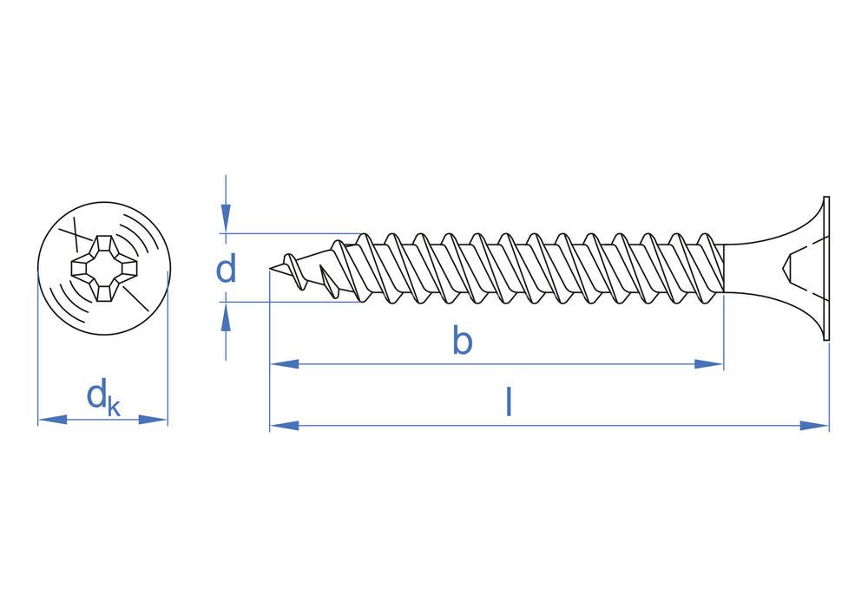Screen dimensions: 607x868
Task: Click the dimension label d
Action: tap(226, 270)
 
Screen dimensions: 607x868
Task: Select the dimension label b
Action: tap(462, 342)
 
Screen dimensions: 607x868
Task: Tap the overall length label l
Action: tap(509, 402)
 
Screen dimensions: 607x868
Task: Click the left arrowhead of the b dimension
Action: tap(285, 364)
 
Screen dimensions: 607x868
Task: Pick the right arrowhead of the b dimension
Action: tap(709, 364)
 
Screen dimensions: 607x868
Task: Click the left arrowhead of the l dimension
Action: tap(285, 426)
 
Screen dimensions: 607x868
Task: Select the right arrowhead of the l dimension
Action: tap(814, 426)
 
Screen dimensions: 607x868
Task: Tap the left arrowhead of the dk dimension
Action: tap(53, 420)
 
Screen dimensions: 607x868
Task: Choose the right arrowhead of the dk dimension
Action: tap(153, 420)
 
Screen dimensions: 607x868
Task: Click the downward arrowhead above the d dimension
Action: tap(226, 218)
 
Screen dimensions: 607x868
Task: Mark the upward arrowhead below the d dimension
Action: tap(226, 317)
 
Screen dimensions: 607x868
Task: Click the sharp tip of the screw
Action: tap(272, 270)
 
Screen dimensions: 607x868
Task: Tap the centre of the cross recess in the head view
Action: tap(103, 269)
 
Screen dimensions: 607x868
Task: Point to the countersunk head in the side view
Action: tap(803, 269)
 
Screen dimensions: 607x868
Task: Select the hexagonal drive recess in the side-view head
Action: tap(789, 269)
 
